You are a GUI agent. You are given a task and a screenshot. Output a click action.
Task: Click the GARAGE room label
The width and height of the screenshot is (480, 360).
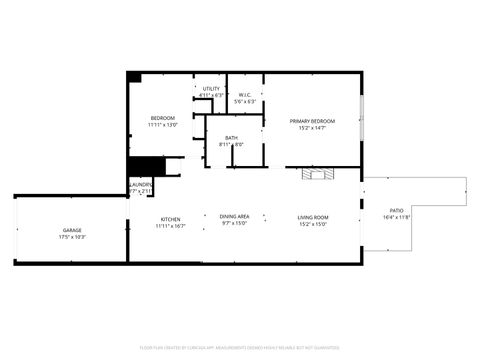click(72, 230)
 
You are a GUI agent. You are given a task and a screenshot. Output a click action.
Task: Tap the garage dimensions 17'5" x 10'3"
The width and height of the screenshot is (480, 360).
click(72, 237)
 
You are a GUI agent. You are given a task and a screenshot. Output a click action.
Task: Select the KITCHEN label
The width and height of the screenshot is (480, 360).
click(170, 219)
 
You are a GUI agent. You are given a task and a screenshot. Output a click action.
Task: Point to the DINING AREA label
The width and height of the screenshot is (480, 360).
click(235, 217)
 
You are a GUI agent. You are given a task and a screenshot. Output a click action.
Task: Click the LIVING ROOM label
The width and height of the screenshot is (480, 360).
click(313, 217)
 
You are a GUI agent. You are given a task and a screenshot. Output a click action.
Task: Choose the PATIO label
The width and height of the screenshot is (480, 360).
click(397, 210)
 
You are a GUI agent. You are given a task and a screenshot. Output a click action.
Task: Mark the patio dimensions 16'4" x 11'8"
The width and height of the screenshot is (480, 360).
click(397, 217)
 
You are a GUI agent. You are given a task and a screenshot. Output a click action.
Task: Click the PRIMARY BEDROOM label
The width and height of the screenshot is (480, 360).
click(312, 121)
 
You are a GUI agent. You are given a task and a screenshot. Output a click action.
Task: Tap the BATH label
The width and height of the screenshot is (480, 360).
click(231, 138)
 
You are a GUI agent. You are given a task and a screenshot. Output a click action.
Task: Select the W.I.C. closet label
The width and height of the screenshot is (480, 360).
click(245, 95)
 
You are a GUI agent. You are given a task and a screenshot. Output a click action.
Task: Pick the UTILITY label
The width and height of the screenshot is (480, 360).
click(211, 89)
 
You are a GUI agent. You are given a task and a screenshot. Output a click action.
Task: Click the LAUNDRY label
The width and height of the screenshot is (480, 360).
click(141, 184)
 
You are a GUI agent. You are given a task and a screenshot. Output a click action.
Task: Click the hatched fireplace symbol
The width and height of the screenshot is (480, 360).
click(319, 174)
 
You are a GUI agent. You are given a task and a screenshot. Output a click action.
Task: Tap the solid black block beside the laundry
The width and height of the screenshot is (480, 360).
click(145, 167)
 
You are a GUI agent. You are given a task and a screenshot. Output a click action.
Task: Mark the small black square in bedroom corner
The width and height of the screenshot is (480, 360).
click(134, 77)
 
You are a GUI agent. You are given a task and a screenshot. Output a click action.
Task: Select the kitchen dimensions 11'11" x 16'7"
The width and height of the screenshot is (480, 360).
click(170, 226)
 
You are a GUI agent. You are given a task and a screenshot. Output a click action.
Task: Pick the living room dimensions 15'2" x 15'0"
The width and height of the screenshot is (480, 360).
click(313, 224)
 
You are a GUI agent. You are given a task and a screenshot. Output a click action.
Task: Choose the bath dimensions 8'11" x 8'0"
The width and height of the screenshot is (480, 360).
click(231, 145)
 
